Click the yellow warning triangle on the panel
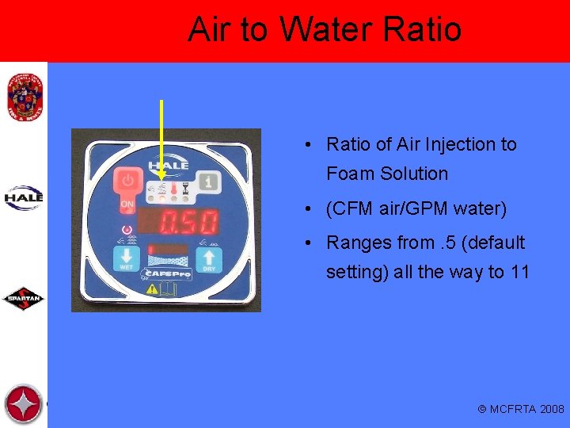point(151,290)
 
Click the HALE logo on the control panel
point(168,164)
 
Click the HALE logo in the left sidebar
point(24,197)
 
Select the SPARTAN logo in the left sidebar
point(24,300)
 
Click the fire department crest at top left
point(23,96)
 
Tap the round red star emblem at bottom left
point(23,404)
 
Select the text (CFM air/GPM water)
point(416,209)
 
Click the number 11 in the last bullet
point(520,272)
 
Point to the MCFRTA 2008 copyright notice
point(521,409)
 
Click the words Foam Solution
point(387,174)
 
